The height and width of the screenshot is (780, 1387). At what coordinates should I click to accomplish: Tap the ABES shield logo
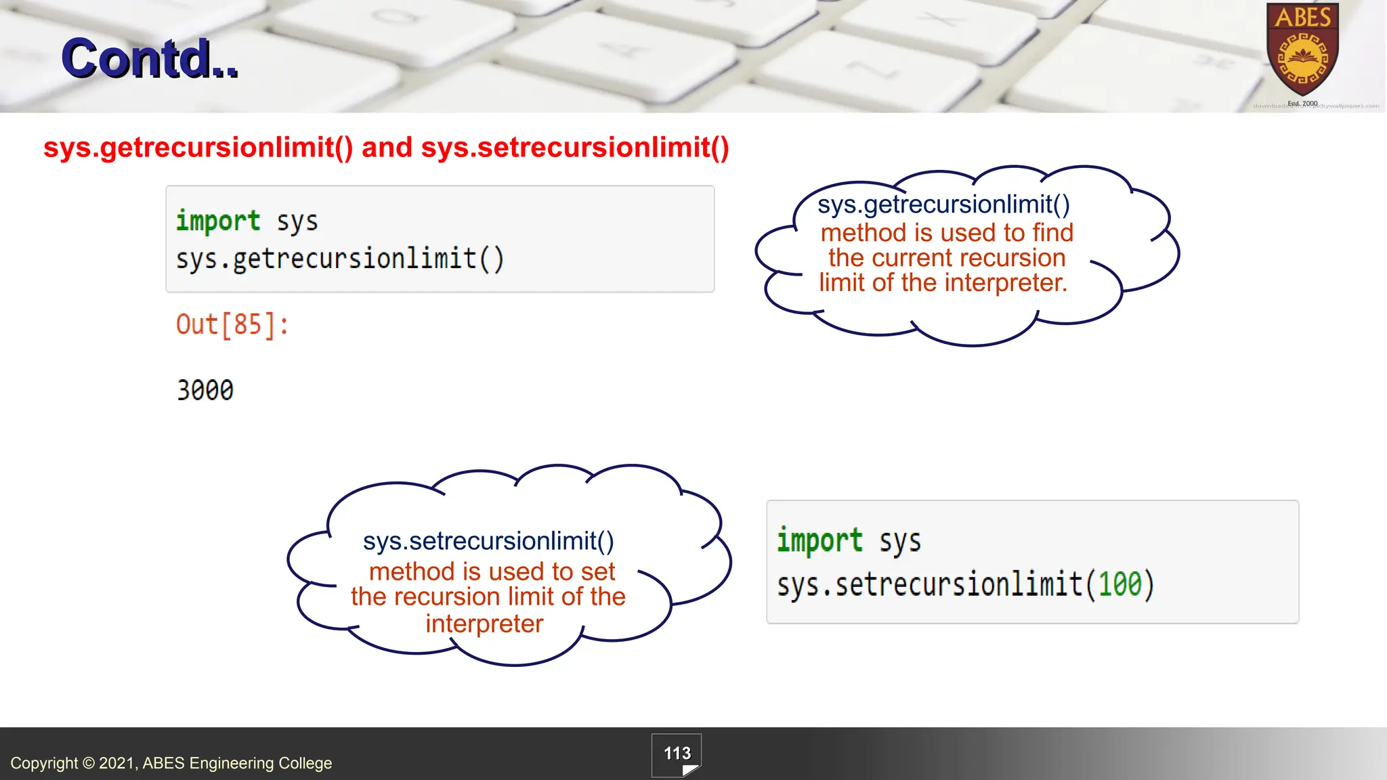click(1302, 51)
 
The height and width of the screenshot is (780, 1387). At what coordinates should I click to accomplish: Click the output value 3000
click(205, 391)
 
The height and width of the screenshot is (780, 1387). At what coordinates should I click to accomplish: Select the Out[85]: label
click(232, 325)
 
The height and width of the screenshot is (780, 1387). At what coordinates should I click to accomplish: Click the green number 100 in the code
click(1120, 584)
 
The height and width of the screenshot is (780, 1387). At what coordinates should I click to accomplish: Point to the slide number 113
click(677, 754)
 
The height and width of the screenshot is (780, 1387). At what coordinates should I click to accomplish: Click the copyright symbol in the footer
click(88, 764)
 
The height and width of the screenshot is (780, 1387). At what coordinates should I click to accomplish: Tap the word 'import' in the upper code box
click(218, 221)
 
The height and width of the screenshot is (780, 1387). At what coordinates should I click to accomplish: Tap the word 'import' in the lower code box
click(819, 541)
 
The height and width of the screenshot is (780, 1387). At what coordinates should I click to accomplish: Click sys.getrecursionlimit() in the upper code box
click(340, 259)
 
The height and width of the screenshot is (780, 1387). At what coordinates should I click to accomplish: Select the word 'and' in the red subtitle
click(387, 148)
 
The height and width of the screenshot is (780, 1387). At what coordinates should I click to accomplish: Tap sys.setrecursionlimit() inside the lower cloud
click(488, 541)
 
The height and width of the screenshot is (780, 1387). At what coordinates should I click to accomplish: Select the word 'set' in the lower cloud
click(597, 572)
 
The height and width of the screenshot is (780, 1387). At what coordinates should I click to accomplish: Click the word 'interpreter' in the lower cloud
click(484, 624)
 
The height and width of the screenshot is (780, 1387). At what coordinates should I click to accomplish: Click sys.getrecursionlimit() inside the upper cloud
click(943, 204)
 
